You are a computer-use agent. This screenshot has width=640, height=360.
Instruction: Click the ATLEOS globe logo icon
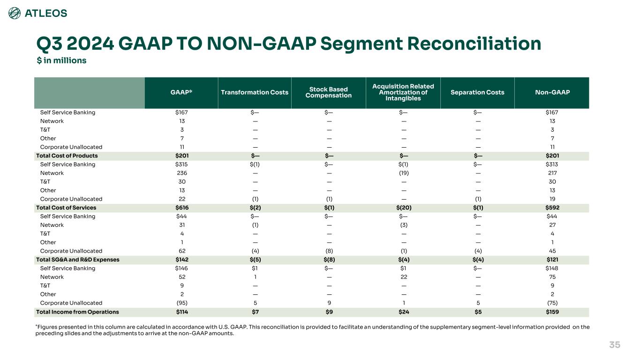(x=15, y=14)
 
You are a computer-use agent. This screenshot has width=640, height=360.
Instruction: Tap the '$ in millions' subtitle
(x=61, y=60)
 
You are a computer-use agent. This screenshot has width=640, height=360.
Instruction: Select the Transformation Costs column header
(x=254, y=92)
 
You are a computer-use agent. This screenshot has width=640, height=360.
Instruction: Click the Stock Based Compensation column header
(x=328, y=92)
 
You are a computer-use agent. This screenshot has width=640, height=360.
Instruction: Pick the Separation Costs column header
(x=477, y=92)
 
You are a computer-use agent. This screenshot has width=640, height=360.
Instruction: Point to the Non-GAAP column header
(x=552, y=92)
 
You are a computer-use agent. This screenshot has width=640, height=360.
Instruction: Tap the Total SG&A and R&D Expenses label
(x=78, y=260)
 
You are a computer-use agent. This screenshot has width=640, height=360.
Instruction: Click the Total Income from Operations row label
(x=77, y=312)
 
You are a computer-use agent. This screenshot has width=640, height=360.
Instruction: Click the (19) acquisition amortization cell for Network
(x=403, y=173)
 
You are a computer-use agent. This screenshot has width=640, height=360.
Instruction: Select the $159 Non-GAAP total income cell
(x=552, y=312)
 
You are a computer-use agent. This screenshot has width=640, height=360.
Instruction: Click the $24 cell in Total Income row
(x=403, y=312)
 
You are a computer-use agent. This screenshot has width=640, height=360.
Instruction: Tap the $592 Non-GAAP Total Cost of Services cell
(x=552, y=208)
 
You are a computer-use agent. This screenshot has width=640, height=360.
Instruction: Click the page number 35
(x=614, y=345)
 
